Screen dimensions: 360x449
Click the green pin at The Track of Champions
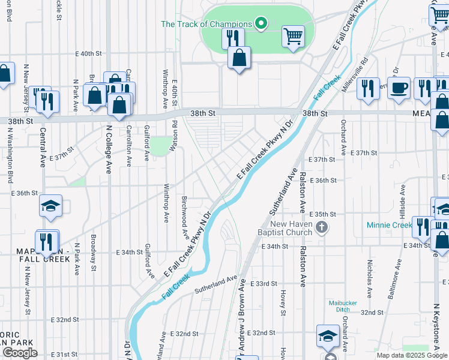(x=261, y=24)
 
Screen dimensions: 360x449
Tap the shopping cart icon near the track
(x=293, y=36)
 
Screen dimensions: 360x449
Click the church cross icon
(x=322, y=227)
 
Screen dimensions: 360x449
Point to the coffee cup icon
(x=399, y=88)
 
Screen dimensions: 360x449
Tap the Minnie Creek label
(x=389, y=226)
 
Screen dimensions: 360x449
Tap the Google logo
(x=20, y=353)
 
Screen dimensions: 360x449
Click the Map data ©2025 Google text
(x=412, y=355)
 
